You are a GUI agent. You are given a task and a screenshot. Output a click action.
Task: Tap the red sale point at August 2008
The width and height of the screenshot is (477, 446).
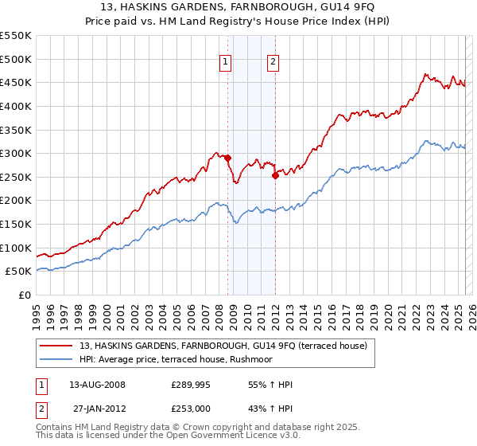point(227,158)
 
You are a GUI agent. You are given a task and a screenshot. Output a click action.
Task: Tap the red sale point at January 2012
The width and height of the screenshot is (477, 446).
point(276,175)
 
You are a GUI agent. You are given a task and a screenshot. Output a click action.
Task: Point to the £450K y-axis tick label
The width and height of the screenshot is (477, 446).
point(16,82)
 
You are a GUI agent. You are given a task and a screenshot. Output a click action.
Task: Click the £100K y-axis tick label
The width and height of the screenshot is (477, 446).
point(16,248)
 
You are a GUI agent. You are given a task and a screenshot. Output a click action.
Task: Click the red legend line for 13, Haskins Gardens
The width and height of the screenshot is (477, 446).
point(56,346)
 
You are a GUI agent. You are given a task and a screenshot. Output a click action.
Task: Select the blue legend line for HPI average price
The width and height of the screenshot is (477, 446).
point(56,360)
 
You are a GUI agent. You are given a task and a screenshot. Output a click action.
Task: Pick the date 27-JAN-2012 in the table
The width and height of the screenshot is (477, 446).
point(99,409)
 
